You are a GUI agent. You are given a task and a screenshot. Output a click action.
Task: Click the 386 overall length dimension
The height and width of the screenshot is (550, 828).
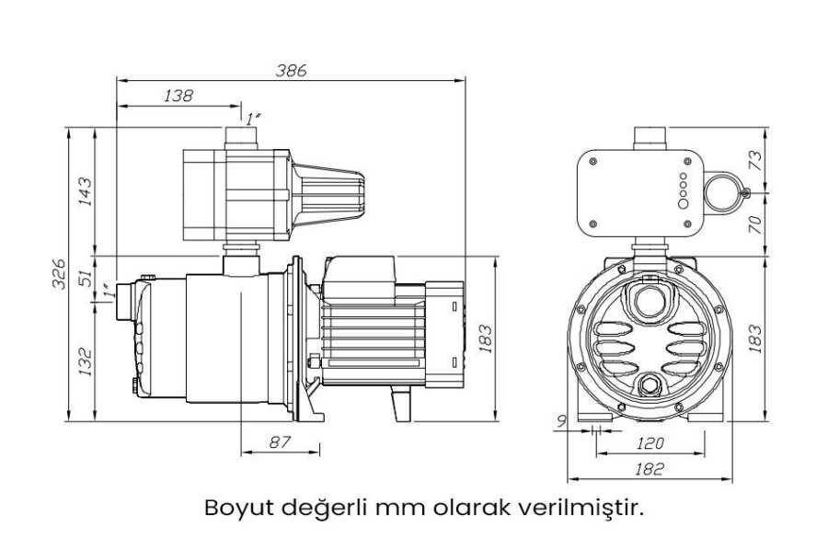click(x=291, y=71)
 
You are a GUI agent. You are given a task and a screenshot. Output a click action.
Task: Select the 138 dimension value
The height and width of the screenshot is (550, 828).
click(x=178, y=96)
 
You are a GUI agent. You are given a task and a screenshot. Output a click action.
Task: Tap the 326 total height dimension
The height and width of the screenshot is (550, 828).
click(x=59, y=274)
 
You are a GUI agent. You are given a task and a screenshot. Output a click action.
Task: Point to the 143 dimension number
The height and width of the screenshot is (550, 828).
click(x=85, y=191)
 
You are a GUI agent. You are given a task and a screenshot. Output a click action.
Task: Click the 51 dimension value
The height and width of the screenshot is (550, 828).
click(x=85, y=278)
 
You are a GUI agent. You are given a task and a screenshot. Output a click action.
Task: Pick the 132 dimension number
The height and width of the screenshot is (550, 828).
click(x=85, y=361)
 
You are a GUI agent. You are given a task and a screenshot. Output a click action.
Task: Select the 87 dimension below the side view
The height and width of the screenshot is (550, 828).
click(x=280, y=441)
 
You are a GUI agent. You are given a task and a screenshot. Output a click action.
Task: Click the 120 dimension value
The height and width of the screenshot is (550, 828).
click(x=650, y=443)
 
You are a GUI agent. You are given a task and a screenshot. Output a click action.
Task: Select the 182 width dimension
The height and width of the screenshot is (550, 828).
click(x=649, y=469)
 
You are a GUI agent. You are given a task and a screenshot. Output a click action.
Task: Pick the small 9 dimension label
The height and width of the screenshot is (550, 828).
click(x=561, y=420)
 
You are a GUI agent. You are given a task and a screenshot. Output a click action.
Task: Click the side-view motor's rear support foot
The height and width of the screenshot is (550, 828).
click(x=400, y=403)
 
